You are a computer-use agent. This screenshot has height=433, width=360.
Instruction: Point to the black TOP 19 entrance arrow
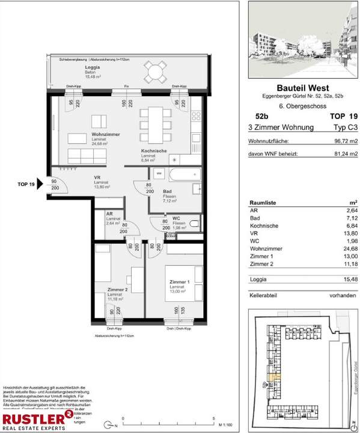[40, 184]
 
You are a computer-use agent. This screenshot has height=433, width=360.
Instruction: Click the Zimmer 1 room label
[180, 283]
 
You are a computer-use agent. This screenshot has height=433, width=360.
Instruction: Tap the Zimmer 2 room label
[118, 289]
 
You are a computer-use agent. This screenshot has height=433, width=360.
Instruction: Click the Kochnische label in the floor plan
[154, 152]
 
